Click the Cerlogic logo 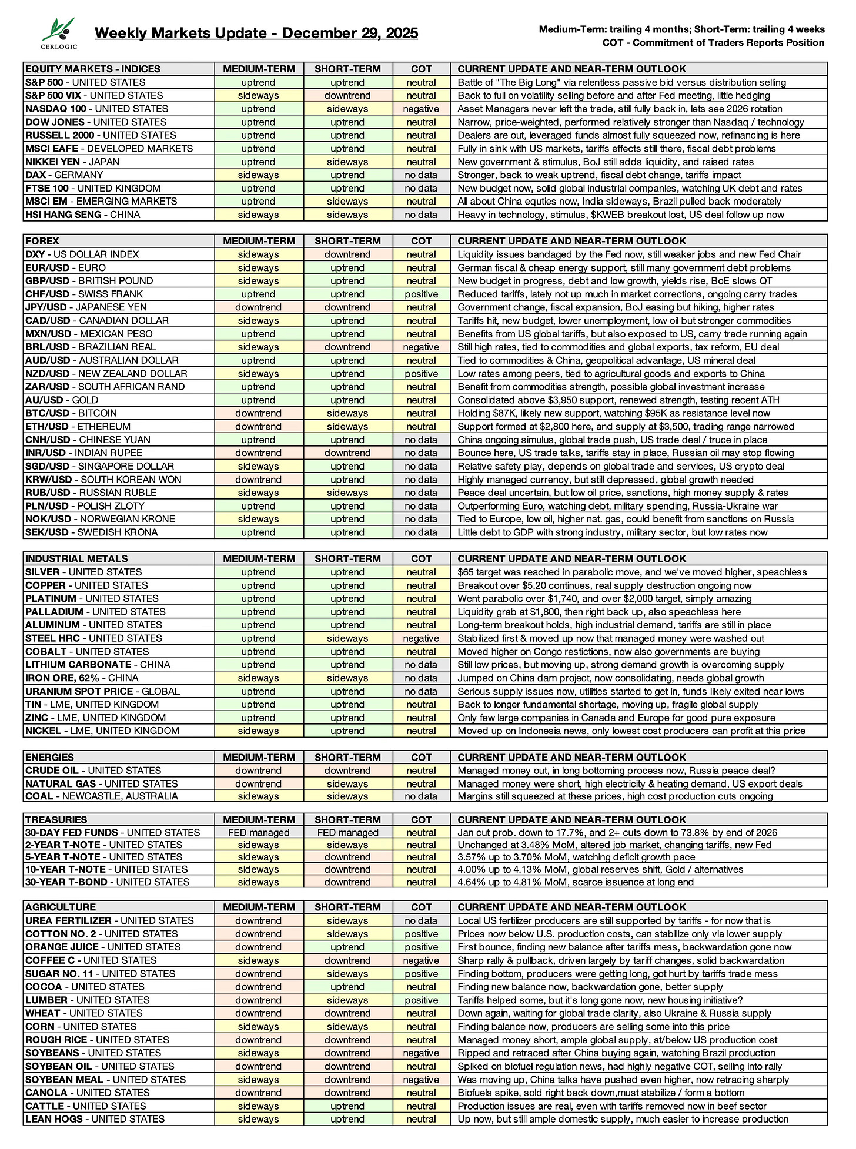[x=59, y=33]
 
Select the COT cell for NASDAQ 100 [x=421, y=109]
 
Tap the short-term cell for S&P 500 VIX [x=347, y=95]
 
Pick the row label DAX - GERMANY [x=64, y=175]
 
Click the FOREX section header [x=42, y=241]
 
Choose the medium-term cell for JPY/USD [x=259, y=307]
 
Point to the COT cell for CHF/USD [x=421, y=294]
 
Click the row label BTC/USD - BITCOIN [x=71, y=413]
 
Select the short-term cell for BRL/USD [x=347, y=347]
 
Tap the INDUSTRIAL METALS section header [x=76, y=558]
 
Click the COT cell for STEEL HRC [x=421, y=638]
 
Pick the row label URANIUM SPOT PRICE [x=102, y=691]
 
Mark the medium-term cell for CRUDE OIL [x=259, y=771]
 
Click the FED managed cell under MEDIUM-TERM [x=259, y=832]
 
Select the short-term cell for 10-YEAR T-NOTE [x=347, y=869]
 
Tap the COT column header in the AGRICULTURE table [x=421, y=907]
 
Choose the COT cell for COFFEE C [x=421, y=960]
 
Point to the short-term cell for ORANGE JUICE [x=347, y=947]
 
